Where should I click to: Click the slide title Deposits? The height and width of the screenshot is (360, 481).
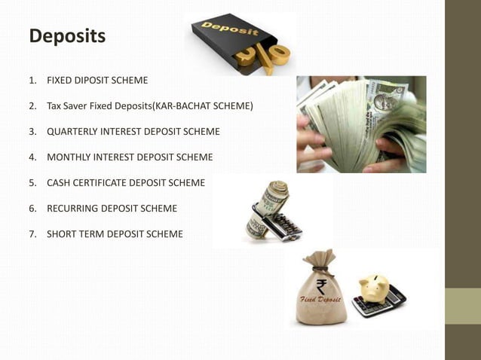pos(67,35)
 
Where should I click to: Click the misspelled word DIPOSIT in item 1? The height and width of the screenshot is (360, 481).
pos(92,80)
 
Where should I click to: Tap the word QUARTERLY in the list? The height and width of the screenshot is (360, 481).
pos(72,131)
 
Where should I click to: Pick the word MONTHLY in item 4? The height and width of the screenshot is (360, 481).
pos(69,157)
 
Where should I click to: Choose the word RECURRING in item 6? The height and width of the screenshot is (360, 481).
pos(72,209)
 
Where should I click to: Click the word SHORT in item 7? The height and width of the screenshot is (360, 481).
pos(61,234)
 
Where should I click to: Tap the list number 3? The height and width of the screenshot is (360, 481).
pos(33,131)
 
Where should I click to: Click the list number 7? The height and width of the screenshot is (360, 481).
pos(33,234)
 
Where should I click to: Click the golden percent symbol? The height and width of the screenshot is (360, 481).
pos(264,56)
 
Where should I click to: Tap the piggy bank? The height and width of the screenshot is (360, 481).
pos(373,286)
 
